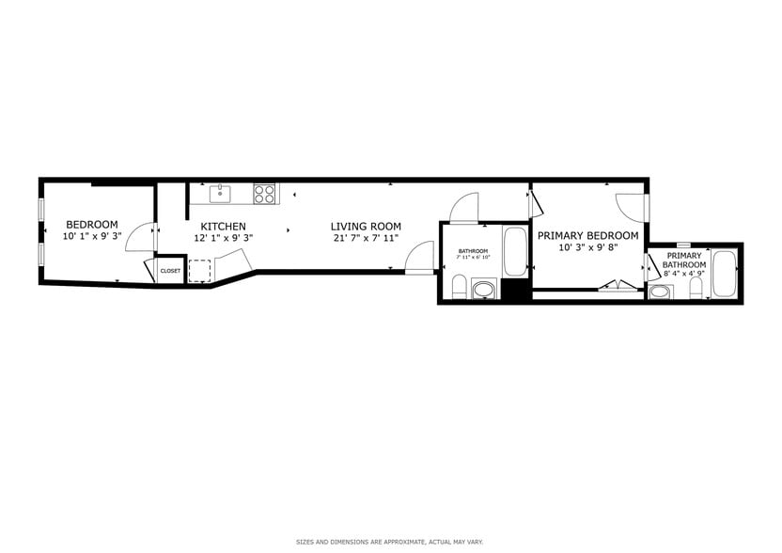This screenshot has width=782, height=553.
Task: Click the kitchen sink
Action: (222, 194)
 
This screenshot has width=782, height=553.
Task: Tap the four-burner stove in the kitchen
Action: (265, 194)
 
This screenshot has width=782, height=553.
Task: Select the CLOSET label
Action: (170, 271)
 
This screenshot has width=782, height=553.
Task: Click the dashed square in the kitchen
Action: (199, 271)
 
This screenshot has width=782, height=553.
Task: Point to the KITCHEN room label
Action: (223, 227)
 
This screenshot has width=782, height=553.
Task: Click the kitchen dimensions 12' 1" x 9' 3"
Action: (223, 239)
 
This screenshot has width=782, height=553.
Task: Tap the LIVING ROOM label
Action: (366, 227)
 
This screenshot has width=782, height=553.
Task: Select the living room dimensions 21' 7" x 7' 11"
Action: (366, 239)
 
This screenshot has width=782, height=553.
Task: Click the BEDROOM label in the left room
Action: (91, 225)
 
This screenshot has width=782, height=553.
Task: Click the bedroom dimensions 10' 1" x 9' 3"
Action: (91, 237)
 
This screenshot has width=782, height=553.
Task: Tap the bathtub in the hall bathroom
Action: (515, 251)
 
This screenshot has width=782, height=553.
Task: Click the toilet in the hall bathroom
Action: (459, 287)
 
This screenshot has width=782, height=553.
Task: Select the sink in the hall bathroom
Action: (484, 290)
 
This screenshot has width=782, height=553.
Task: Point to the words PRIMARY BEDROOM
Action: (587, 236)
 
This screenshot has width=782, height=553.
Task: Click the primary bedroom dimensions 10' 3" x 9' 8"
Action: (587, 248)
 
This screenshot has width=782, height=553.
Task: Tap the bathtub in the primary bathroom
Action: (724, 274)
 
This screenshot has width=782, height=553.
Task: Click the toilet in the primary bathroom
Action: (696, 290)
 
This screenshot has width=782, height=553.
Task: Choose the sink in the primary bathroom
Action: (661, 292)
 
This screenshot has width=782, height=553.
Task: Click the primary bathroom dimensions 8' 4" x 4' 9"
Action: (684, 275)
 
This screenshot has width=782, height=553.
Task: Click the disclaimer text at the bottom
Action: (390, 542)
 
